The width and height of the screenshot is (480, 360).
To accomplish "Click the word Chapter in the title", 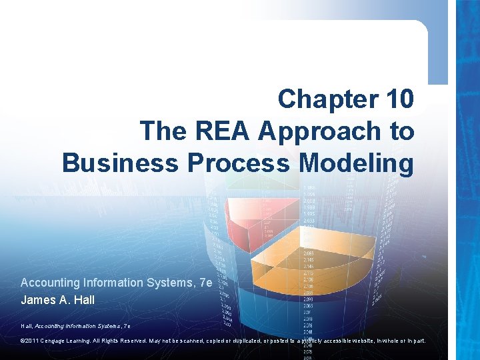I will (x=319, y=99).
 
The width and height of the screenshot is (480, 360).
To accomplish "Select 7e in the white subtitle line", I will (x=205, y=283).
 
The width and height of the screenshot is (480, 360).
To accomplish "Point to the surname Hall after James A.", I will (x=83, y=300).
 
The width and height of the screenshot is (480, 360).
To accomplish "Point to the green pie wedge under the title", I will (x=250, y=180).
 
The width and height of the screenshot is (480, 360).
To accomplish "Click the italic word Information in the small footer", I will (x=87, y=325).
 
